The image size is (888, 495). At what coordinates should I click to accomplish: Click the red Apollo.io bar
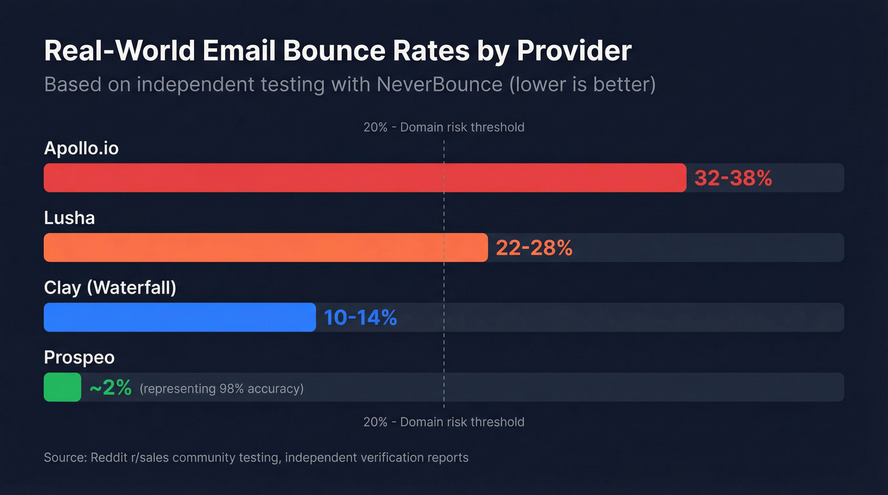[365, 177]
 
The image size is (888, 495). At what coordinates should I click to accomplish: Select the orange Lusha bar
[265, 247]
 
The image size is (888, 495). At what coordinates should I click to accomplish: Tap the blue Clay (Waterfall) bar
[180, 317]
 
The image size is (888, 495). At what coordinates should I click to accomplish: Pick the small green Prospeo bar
[62, 387]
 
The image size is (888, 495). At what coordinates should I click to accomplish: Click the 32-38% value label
[733, 178]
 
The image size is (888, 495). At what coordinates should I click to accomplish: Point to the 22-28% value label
[534, 248]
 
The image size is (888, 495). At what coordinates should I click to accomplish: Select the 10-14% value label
[360, 318]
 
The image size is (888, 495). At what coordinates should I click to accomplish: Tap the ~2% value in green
[110, 388]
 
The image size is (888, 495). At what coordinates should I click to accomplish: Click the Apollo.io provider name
[81, 148]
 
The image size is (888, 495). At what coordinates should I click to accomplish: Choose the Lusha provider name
[69, 218]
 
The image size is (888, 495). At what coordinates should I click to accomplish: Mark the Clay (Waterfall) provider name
[110, 288]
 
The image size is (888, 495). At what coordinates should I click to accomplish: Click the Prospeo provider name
[79, 357]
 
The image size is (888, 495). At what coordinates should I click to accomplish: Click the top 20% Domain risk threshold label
[443, 127]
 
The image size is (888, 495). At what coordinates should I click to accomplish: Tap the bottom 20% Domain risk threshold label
[443, 422]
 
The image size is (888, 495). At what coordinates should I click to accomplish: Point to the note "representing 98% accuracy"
[221, 389]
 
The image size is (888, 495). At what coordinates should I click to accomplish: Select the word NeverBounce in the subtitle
[440, 84]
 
